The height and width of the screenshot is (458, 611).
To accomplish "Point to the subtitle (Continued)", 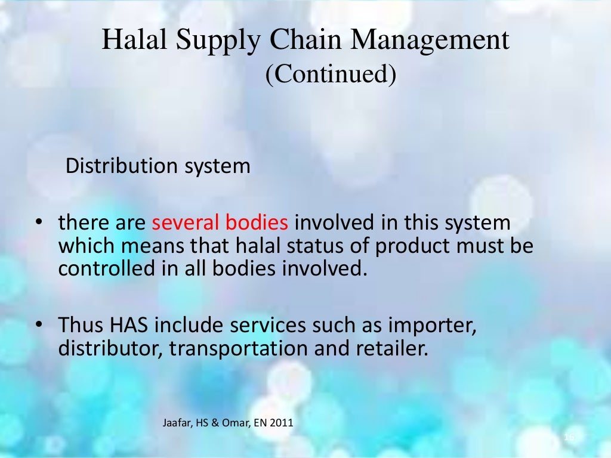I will [x=331, y=75].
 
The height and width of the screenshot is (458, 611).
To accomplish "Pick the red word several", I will [x=186, y=224].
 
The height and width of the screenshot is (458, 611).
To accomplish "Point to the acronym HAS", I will [x=126, y=326].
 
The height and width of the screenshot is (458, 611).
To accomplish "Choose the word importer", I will [x=432, y=327].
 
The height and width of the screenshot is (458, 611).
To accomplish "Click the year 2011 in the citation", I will [x=282, y=424].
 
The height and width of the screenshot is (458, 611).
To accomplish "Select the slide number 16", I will [x=569, y=438].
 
